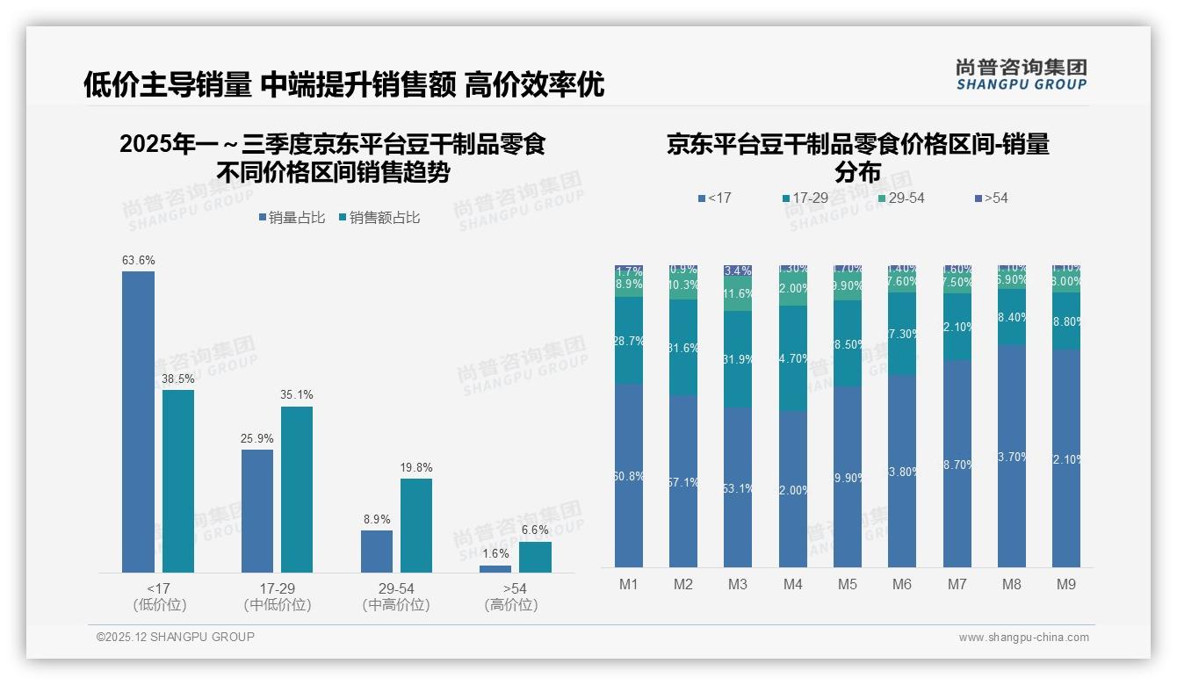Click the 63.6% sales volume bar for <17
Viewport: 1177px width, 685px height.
[138, 422]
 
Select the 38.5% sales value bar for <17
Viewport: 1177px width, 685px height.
[178, 481]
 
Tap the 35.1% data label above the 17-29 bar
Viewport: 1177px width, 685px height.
[297, 395]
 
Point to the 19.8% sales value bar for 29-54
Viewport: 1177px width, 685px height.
[416, 525]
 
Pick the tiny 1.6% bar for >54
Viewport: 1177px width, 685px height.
[495, 569]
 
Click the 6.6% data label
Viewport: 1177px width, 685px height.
[535, 530]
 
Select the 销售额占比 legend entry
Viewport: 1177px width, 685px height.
[379, 218]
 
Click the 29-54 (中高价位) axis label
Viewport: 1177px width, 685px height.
[396, 596]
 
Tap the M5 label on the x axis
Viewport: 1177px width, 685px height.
[847, 584]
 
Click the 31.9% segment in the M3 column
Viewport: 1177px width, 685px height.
[738, 359]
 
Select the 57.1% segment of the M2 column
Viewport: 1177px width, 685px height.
[683, 481]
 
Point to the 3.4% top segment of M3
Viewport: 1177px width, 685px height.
[738, 270]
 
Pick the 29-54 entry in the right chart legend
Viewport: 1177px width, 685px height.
[901, 198]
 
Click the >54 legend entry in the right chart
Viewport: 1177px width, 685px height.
[992, 198]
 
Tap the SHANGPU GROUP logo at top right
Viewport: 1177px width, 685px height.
[1021, 74]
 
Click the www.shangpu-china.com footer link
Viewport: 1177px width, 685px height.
[1023, 638]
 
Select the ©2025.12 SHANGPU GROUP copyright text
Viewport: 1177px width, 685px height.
[176, 637]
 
